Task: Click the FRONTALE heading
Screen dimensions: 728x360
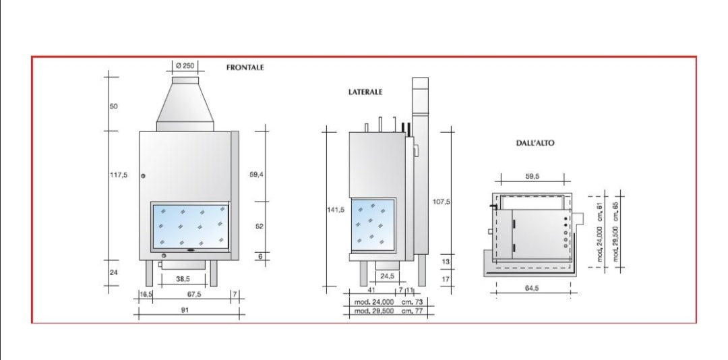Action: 245,67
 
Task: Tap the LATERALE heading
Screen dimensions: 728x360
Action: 365,92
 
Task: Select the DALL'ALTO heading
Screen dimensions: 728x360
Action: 535,143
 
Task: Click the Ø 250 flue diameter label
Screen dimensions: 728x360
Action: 185,65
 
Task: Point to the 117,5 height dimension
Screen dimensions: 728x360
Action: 119,175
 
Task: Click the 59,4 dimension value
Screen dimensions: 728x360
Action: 256,175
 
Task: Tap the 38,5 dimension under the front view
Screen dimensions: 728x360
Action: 183,279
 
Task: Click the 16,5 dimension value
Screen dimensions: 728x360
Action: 146,294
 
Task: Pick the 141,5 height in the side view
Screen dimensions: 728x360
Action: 336,210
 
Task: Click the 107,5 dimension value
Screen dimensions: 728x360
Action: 440,202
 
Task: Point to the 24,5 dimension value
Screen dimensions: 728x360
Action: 387,276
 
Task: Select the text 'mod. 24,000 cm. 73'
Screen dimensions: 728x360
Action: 389,302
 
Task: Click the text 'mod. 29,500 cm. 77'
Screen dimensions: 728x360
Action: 389,311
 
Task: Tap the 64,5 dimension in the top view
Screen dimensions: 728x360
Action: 532,288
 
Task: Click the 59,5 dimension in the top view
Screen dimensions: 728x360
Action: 533,177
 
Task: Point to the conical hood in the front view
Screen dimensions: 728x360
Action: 185,104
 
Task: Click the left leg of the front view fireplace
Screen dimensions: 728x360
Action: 149,273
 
